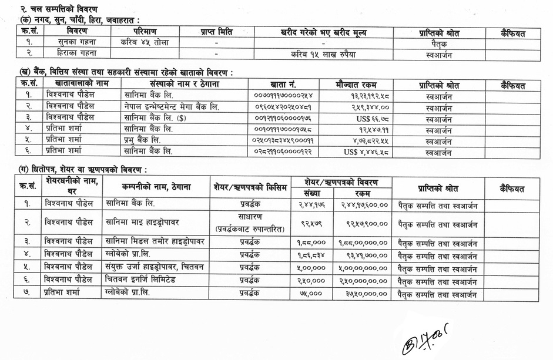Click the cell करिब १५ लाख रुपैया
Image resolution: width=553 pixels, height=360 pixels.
point(323,54)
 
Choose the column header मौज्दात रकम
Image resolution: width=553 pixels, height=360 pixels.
point(359,85)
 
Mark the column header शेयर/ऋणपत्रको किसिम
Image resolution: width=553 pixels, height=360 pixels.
point(250,187)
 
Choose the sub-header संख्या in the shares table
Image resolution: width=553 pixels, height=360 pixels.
point(313,193)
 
